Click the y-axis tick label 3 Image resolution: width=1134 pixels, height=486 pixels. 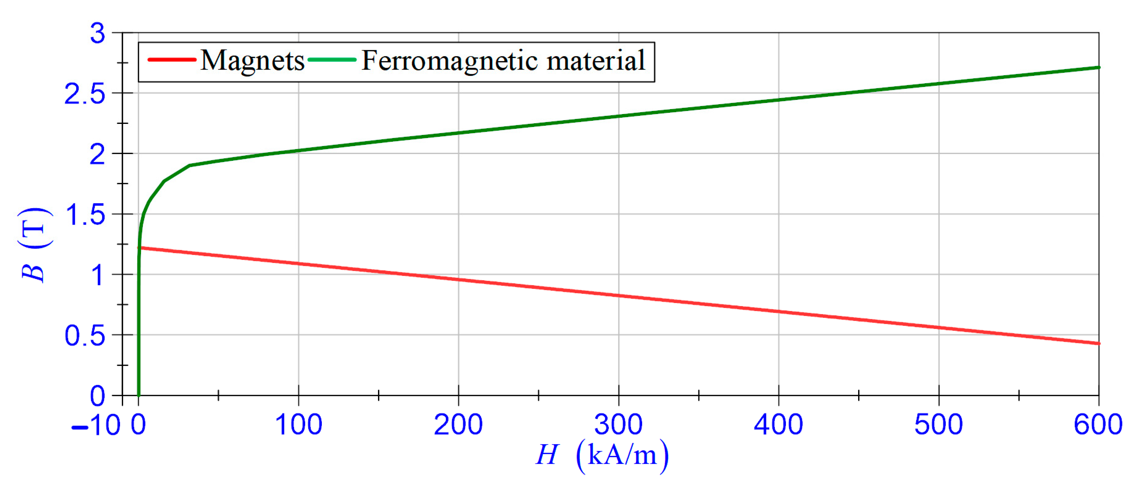[x=98, y=33]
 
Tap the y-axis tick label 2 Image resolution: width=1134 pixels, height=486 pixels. [x=98, y=154]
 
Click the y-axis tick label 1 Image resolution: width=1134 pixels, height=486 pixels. [x=98, y=276]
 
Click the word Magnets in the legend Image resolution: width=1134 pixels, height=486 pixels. [x=252, y=60]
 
